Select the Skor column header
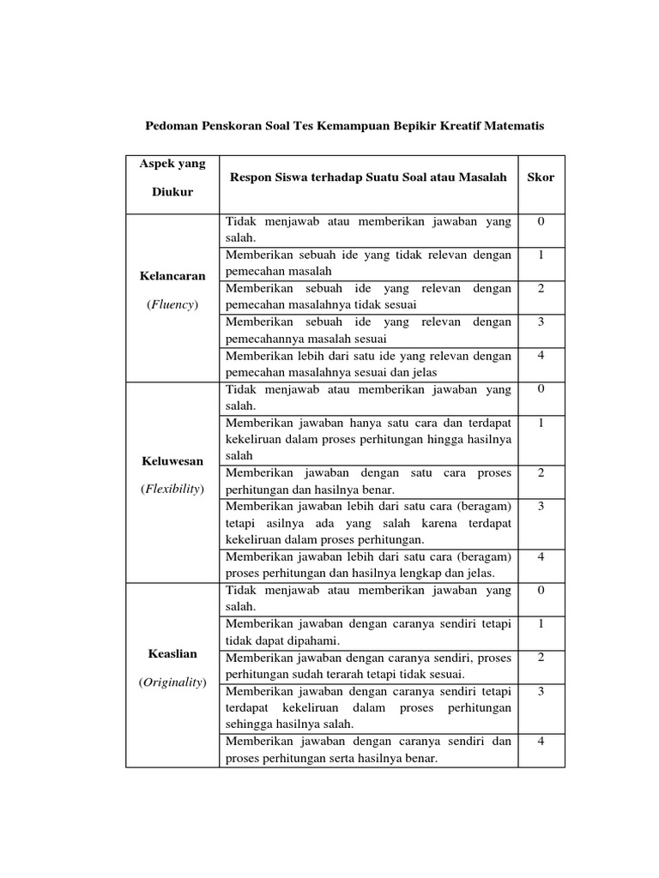[x=541, y=177]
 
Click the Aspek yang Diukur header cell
[x=172, y=177]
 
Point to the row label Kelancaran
[x=172, y=276]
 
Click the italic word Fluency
[x=172, y=304]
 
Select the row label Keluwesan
[x=172, y=460]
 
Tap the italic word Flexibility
[x=172, y=489]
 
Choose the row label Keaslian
[x=172, y=653]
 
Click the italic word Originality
[x=172, y=682]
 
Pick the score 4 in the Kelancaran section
[x=541, y=355]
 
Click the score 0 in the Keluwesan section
[x=541, y=388]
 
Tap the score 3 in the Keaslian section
[x=541, y=691]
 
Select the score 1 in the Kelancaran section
[x=541, y=255]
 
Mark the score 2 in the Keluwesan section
[x=541, y=472]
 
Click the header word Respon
[x=249, y=177]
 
